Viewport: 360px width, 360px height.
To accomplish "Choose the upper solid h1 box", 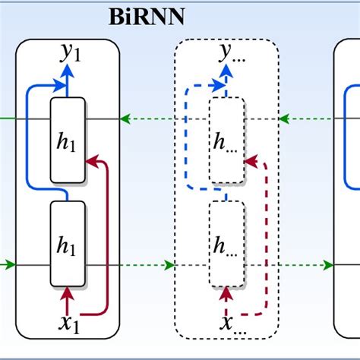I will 67,141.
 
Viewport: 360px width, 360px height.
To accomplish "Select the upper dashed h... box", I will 226,141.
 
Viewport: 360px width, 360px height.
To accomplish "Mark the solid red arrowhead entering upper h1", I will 91,160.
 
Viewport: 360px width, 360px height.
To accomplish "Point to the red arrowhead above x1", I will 67,292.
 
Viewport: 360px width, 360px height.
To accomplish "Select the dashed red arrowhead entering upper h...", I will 251,160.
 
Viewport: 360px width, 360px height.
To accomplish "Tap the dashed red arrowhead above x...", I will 226,292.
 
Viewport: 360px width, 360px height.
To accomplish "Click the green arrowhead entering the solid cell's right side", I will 125,118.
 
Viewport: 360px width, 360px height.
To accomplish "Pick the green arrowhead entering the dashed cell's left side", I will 169,265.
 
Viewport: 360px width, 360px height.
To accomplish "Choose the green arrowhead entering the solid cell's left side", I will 10,265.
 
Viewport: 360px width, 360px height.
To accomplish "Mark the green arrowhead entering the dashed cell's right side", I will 284,118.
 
